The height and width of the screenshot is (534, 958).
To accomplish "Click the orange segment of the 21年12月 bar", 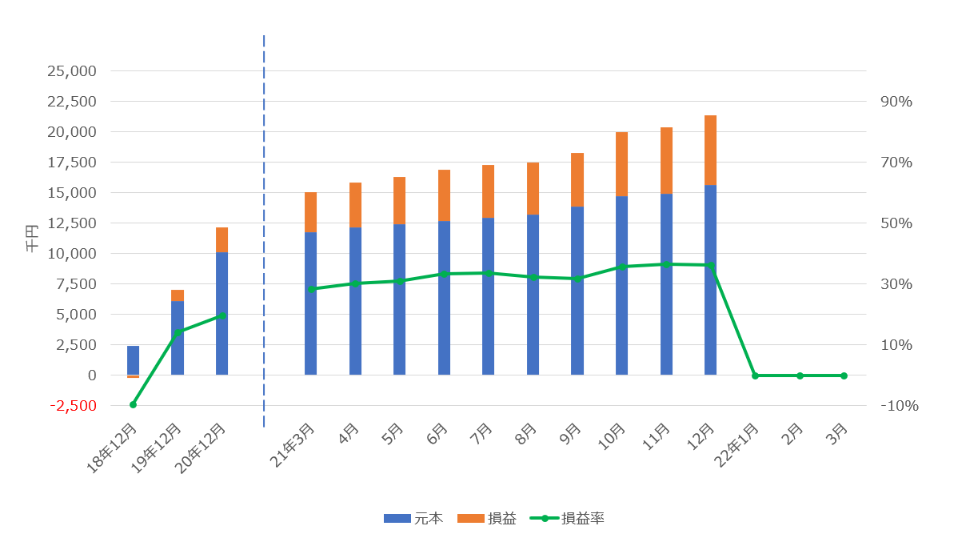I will point(710,150).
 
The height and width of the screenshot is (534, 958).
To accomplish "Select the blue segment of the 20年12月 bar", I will point(222,313).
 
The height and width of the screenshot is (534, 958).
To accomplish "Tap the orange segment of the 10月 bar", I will point(621,164).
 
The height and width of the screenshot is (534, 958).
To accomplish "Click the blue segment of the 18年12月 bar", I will point(133,359).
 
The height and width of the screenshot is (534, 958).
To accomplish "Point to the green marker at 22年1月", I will point(755,375).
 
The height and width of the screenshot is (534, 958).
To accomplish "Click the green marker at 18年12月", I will point(133,404).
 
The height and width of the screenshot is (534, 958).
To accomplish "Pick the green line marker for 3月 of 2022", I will point(844,375).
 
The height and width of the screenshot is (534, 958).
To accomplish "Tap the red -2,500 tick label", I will point(74,406).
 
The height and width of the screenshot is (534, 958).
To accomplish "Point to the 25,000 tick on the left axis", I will point(72,71).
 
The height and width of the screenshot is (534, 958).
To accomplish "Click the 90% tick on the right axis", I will point(896,102).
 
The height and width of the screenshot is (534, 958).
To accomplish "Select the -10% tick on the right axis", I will point(899,406).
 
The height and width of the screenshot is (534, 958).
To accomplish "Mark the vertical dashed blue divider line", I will point(264,232).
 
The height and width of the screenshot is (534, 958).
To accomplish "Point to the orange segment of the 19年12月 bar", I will point(178,295).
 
